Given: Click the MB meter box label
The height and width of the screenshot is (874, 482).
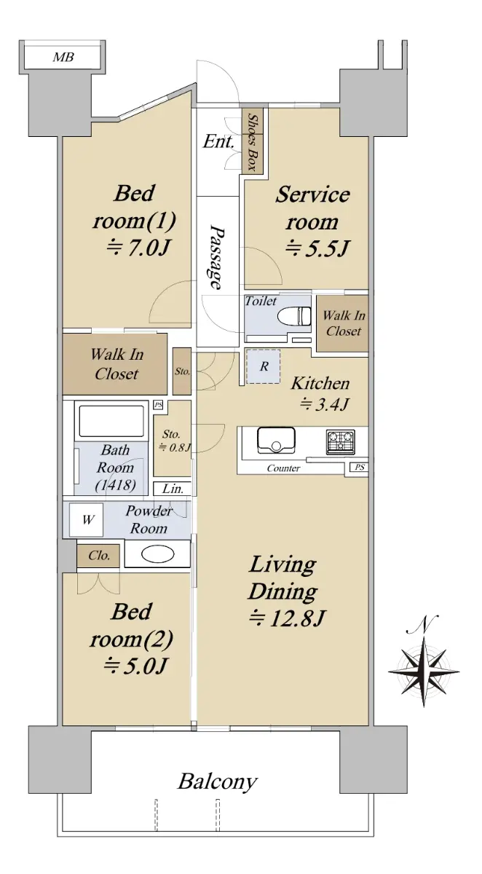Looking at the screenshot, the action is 63,58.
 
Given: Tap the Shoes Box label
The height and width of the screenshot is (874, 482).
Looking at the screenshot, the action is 253,143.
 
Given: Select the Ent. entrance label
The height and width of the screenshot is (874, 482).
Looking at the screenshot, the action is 218,141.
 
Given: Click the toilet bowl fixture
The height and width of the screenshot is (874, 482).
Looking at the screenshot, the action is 293,315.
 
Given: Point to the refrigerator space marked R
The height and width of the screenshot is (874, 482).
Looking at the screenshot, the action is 264,366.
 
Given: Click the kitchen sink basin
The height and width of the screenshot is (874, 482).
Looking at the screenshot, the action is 276,440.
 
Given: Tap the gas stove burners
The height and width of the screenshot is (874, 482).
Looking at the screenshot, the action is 341,441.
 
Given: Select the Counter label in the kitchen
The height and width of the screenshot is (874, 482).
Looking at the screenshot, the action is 283,468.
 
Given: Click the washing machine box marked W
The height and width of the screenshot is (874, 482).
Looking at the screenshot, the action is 86,520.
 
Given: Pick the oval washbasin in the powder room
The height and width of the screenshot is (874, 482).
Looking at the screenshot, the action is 157,554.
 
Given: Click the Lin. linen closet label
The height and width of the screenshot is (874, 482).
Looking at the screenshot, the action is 173,489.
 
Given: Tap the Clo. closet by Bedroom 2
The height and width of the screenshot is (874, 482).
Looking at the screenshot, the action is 98,555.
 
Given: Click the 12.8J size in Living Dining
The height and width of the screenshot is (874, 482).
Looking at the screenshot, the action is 287,618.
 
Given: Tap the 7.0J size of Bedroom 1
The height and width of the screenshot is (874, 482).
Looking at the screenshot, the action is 138,248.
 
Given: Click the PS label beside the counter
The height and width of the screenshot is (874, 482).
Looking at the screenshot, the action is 360,467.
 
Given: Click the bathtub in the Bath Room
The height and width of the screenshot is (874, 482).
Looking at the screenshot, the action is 111,421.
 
